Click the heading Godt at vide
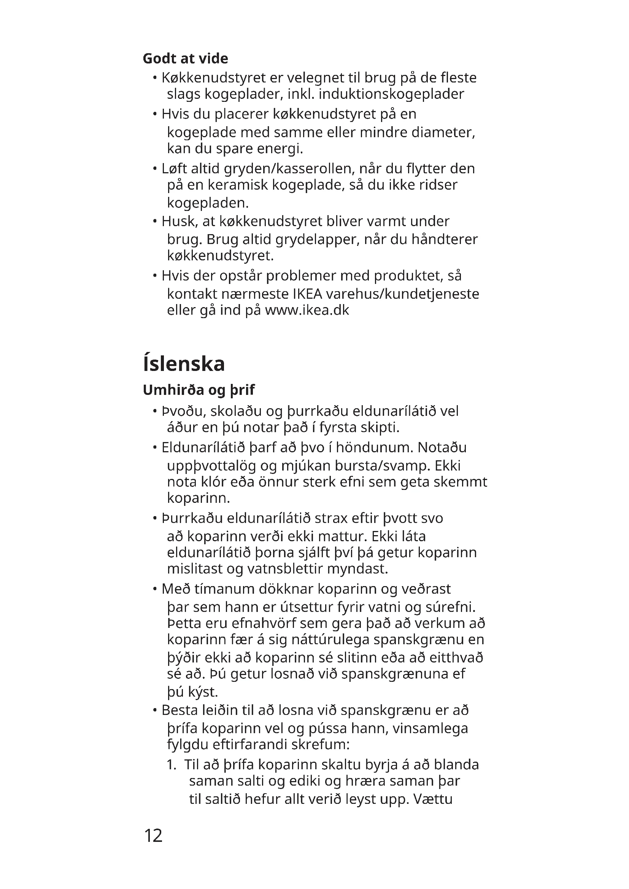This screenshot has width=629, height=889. click(185, 59)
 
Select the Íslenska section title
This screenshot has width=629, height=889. click(184, 364)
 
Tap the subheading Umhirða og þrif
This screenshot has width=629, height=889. click(199, 390)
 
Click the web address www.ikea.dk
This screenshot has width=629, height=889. click(307, 310)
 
